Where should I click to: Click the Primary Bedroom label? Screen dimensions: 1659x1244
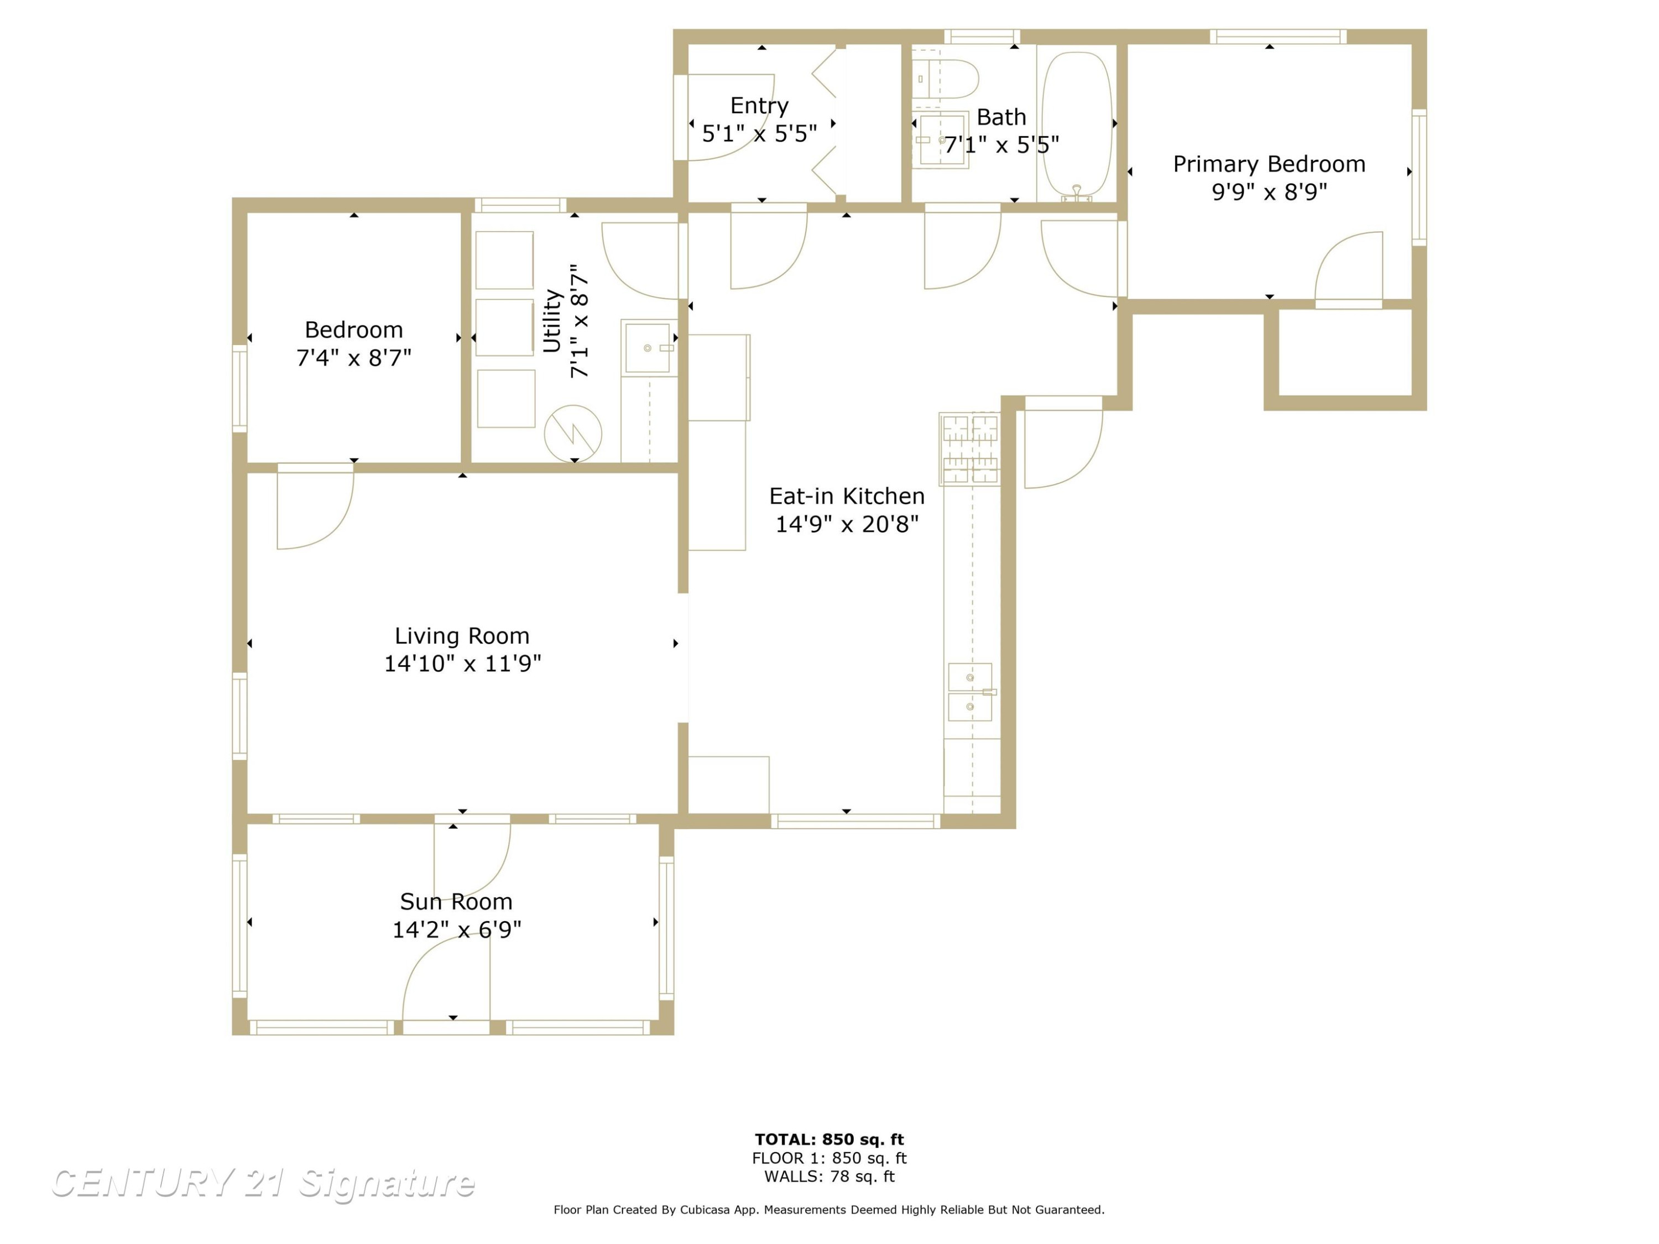point(1269,164)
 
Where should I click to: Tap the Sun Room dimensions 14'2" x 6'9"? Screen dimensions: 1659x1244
point(457,930)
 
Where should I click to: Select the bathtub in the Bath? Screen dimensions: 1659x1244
point(1077,124)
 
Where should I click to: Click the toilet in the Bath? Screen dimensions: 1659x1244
point(947,78)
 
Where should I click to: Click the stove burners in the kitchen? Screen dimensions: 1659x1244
point(970,448)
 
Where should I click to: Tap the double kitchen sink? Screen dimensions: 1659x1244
point(971,691)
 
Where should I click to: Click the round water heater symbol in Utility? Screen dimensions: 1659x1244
point(573,433)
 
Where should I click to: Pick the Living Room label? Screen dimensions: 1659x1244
point(462,636)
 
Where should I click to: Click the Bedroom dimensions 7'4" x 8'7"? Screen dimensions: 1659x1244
point(354,358)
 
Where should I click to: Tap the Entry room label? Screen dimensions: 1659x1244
point(759,106)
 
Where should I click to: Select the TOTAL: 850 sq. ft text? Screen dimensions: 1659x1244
point(830,1140)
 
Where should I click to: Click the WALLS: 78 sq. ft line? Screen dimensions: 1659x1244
point(830,1177)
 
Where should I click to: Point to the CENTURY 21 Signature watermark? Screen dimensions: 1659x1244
point(263,1183)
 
